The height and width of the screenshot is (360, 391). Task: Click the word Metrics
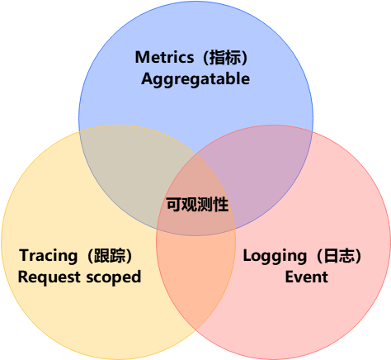click(x=164, y=57)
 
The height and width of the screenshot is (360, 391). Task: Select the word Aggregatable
click(x=195, y=79)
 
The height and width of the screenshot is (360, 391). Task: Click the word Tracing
click(x=49, y=256)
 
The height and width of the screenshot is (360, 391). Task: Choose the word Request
click(x=49, y=277)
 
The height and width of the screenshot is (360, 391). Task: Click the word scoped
click(x=114, y=277)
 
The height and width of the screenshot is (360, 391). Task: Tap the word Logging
click(x=275, y=256)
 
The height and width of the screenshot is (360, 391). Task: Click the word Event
click(x=307, y=277)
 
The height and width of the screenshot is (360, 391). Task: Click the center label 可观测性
click(x=197, y=204)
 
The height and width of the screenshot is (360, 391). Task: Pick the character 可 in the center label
click(x=174, y=204)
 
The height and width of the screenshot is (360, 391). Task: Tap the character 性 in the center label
click(x=220, y=204)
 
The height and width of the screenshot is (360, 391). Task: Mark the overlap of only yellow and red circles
click(x=195, y=275)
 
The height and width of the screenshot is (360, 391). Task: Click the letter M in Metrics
click(x=142, y=57)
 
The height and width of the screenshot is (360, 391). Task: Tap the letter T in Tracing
click(x=24, y=255)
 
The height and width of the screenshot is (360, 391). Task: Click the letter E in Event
click(x=290, y=277)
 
